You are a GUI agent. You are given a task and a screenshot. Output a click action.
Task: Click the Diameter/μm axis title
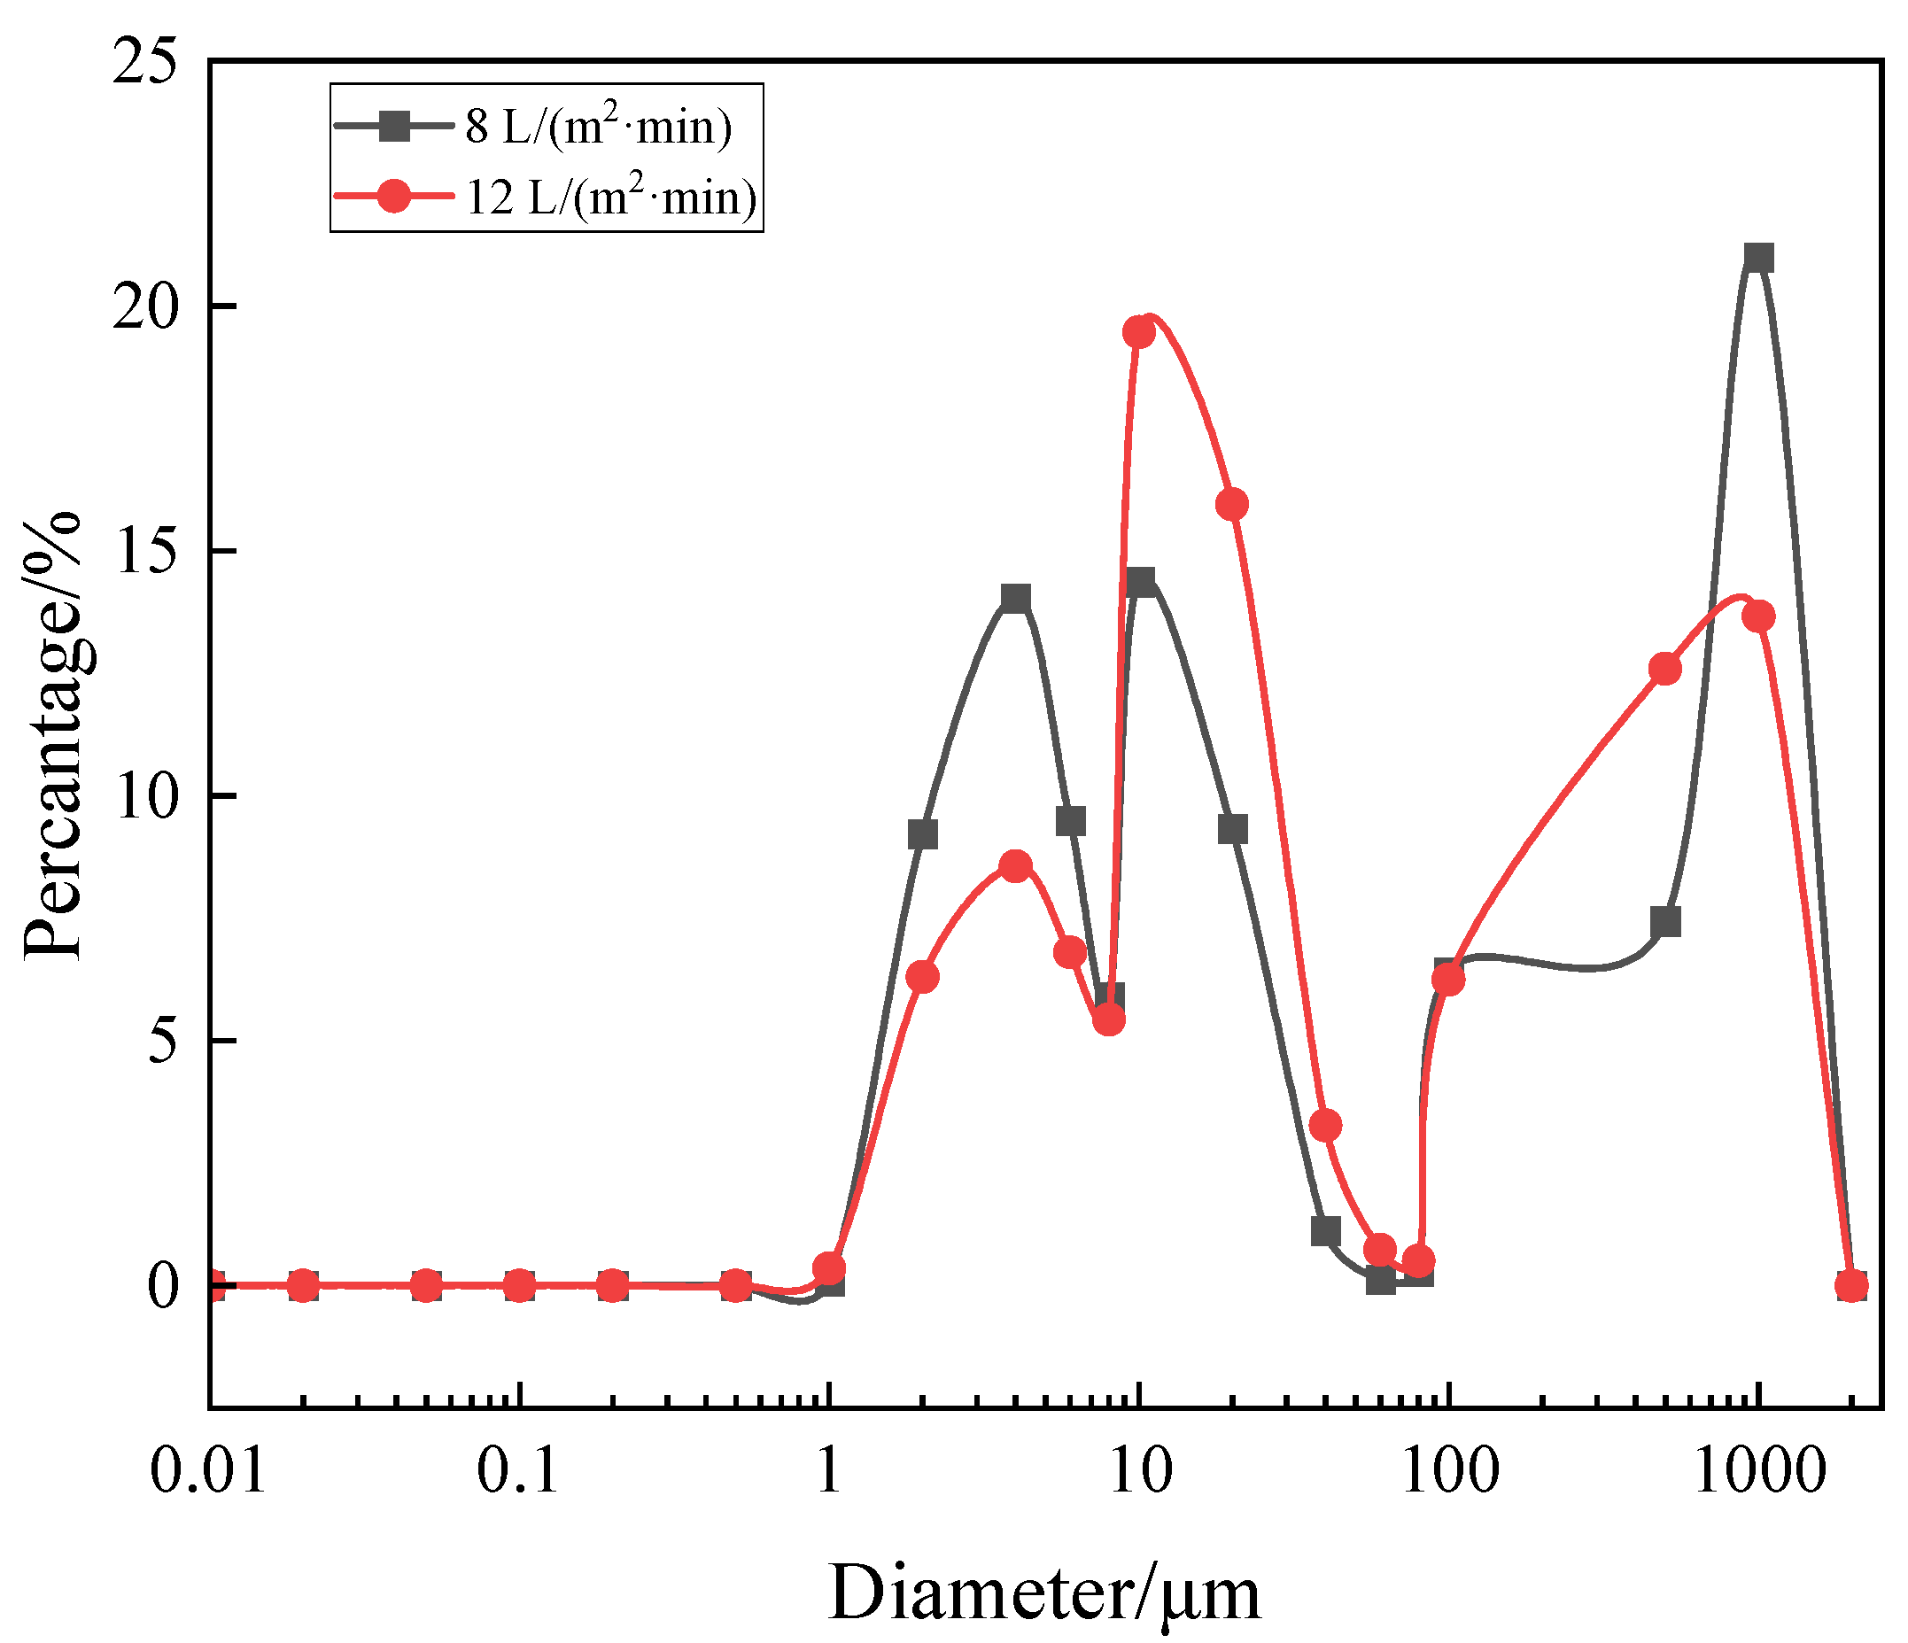1044,1593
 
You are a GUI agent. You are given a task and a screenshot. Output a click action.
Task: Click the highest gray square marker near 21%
1759,259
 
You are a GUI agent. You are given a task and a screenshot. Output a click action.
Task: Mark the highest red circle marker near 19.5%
1139,332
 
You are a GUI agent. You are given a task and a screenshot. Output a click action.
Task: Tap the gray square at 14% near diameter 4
1015,600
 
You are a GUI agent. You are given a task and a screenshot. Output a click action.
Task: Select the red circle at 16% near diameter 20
1232,505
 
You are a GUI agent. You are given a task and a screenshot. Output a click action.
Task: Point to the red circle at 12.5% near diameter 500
1665,670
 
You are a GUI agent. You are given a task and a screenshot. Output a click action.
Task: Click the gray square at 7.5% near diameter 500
1666,922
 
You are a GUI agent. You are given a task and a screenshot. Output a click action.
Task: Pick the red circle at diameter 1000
1759,616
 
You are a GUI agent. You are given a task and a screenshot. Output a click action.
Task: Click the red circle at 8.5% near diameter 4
1015,865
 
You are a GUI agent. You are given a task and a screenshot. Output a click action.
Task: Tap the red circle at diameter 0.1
519,1286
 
